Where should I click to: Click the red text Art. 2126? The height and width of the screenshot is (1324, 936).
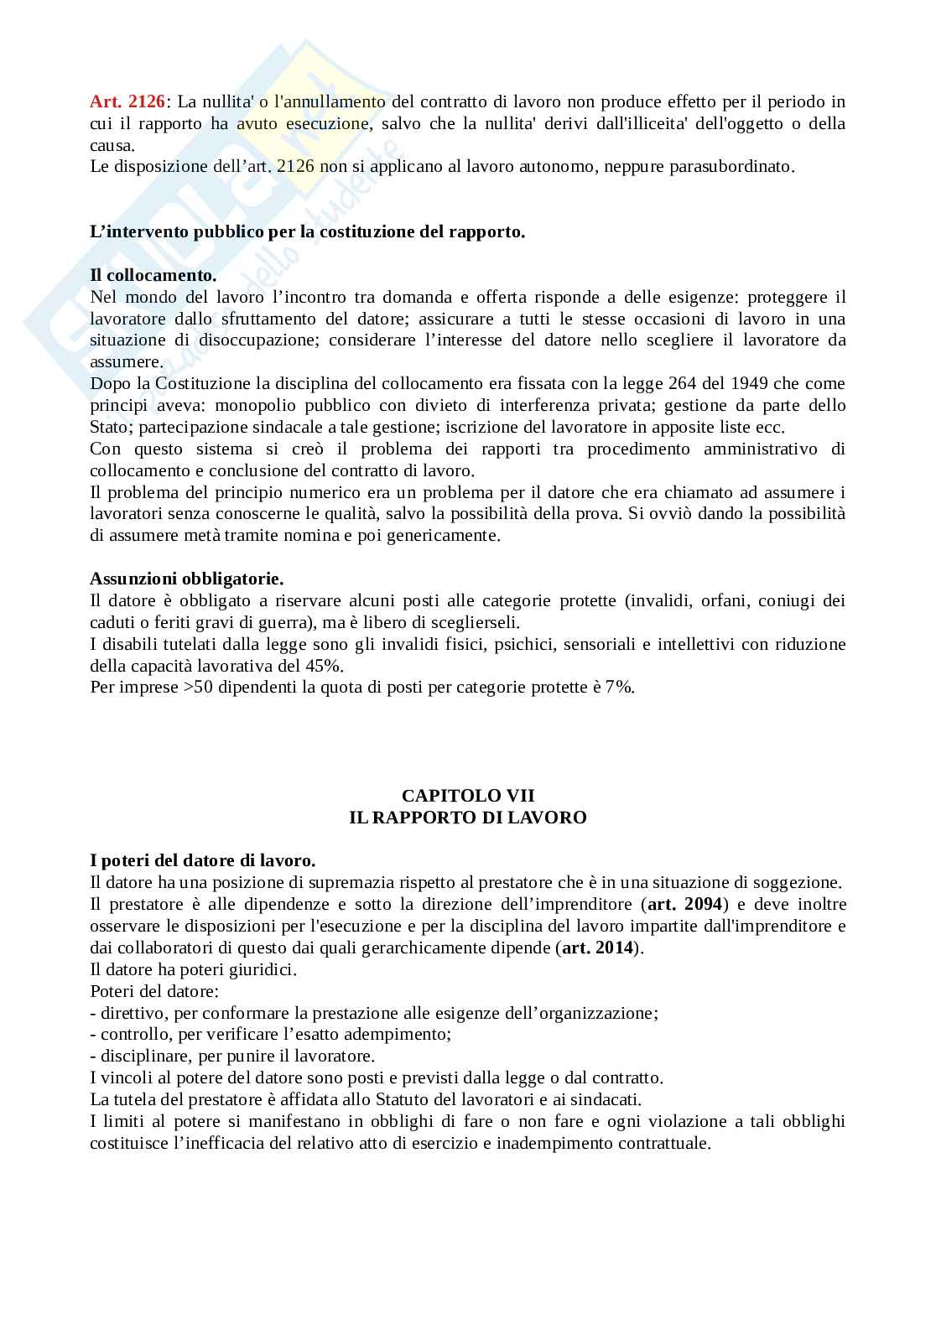128,102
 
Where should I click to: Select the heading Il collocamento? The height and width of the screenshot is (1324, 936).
153,275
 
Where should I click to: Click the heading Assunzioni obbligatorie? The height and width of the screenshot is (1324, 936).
186,579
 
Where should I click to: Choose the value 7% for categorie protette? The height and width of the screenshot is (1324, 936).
618,688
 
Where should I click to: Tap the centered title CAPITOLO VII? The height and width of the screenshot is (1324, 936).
467,796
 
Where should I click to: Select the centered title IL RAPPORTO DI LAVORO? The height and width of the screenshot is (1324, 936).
467,818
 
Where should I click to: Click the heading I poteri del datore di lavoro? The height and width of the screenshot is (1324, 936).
202,860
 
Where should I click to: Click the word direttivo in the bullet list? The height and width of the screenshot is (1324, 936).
132,1013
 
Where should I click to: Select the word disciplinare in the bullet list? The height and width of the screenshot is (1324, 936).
141,1057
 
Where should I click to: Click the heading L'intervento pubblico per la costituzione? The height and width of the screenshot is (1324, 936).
307,232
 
